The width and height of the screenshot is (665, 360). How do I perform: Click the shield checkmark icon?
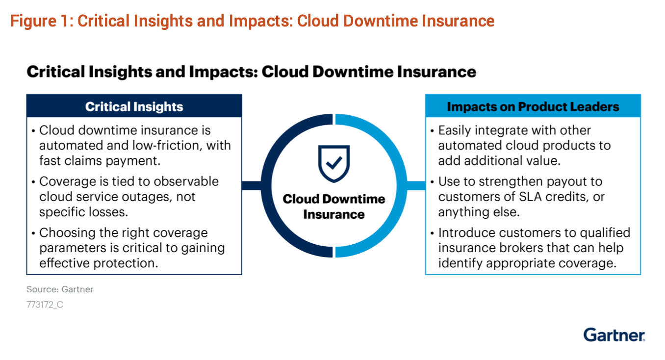(333, 163)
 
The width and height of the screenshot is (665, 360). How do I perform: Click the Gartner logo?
(614, 335)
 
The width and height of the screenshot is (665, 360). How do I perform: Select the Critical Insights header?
(134, 106)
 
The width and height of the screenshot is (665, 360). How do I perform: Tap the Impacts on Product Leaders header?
(533, 106)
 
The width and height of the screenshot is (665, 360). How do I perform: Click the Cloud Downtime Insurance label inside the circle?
(333, 206)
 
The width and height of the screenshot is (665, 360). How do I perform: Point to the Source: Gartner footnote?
(60, 289)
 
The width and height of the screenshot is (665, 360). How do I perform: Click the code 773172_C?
(45, 305)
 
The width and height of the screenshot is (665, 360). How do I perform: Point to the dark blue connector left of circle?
(252, 185)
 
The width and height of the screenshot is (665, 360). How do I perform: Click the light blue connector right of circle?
(416, 185)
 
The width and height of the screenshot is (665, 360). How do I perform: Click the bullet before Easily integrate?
(432, 131)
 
